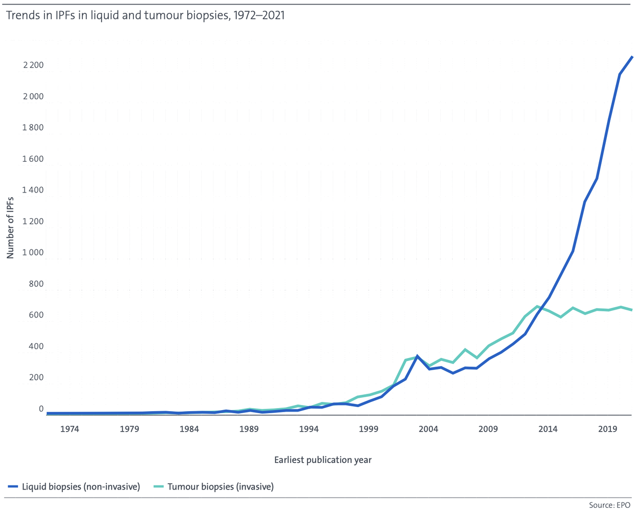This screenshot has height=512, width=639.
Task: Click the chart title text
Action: [x=145, y=15]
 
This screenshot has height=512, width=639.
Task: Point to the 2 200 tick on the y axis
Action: [x=33, y=65]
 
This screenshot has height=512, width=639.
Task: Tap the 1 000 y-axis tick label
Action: [x=33, y=252]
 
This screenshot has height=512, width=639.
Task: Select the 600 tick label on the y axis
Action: [x=36, y=315]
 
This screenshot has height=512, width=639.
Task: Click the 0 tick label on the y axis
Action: [x=41, y=409]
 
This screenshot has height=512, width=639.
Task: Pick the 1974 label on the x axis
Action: [x=70, y=429]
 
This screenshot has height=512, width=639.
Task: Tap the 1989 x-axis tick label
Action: [x=249, y=429]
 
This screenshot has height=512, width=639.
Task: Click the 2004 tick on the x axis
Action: [x=428, y=429]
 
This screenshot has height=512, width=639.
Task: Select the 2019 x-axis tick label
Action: [x=607, y=429]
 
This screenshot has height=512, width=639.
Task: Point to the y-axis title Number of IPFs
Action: [x=10, y=228]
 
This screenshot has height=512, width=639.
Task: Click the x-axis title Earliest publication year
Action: [x=323, y=460]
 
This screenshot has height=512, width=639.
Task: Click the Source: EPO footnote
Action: [x=609, y=505]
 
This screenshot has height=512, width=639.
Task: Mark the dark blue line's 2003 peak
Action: [x=417, y=356]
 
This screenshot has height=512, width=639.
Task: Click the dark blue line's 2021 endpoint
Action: [x=631, y=56]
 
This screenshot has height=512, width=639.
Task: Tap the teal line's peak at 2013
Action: [x=537, y=306]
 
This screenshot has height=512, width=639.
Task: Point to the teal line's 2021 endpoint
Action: [x=631, y=310]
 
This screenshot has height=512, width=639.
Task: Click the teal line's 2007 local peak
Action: [x=465, y=350]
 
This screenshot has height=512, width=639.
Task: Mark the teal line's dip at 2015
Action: [x=561, y=317]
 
